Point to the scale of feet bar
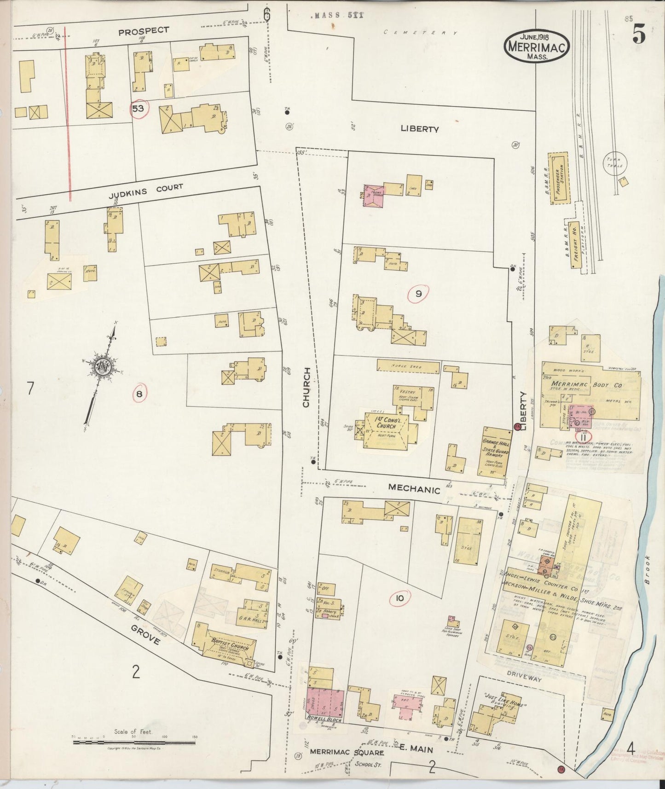point(133,743)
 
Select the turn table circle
point(614,162)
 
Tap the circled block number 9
point(418,294)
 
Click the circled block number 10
point(399,598)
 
